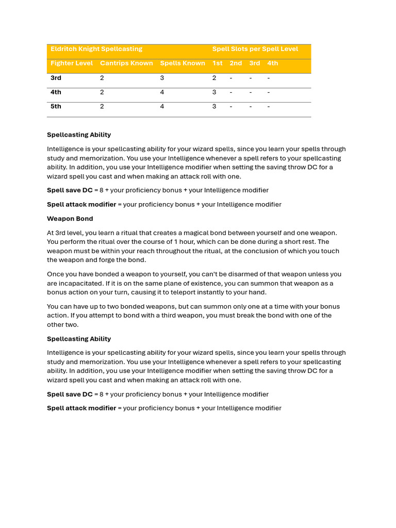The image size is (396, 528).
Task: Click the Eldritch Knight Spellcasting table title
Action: (96, 49)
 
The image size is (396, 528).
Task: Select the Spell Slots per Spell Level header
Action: (255, 49)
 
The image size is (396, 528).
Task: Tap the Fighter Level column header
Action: (72, 63)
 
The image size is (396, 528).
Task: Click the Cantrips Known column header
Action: (126, 63)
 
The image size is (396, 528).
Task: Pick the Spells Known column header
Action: (183, 63)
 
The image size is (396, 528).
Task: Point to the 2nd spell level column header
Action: (236, 63)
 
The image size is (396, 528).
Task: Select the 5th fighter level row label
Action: (56, 107)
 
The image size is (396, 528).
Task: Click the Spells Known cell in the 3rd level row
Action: (162, 78)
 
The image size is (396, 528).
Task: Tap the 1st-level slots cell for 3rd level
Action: (214, 78)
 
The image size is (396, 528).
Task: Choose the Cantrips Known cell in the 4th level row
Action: (102, 92)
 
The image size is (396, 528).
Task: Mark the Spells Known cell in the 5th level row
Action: (162, 107)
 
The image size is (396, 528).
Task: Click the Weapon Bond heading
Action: (70, 219)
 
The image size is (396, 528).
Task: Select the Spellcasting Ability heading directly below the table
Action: (79, 135)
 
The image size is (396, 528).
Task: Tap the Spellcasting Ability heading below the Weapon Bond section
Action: (79, 339)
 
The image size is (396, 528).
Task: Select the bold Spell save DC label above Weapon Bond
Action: (70, 190)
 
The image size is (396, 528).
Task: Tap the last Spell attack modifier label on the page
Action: (81, 408)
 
